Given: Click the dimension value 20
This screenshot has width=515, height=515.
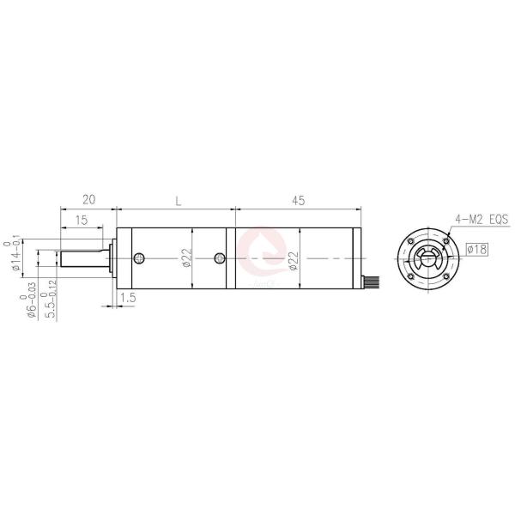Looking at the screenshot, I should coord(88,200).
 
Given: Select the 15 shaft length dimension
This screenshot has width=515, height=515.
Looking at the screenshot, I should coord(82,221).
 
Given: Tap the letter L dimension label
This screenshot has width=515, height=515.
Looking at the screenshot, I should coord(177,200).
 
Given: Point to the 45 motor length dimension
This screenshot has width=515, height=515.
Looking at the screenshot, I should coord(298,200).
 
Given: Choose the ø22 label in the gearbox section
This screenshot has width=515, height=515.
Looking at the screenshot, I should coord(186,258).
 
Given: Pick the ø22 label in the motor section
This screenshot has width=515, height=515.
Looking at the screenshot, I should coord(294,258).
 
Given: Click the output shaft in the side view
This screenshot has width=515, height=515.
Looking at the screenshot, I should coord(82,258).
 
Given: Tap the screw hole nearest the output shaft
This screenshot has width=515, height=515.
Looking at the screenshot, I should coord(141,257).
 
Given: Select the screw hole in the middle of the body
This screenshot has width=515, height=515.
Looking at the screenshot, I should coord(220,257).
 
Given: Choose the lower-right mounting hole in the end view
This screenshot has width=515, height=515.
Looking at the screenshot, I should coord(446,276).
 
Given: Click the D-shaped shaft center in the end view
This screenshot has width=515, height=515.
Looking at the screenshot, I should coord(429,259).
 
